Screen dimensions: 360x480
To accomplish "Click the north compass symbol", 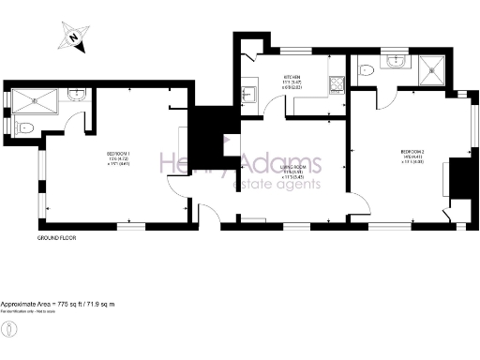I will click(71, 38).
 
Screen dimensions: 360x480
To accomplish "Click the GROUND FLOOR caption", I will click(56, 238).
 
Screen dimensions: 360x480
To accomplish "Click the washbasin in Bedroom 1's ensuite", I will click(77, 94).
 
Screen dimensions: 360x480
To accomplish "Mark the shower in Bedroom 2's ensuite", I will click(433, 67).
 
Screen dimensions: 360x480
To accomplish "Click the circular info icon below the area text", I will click(9, 329).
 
